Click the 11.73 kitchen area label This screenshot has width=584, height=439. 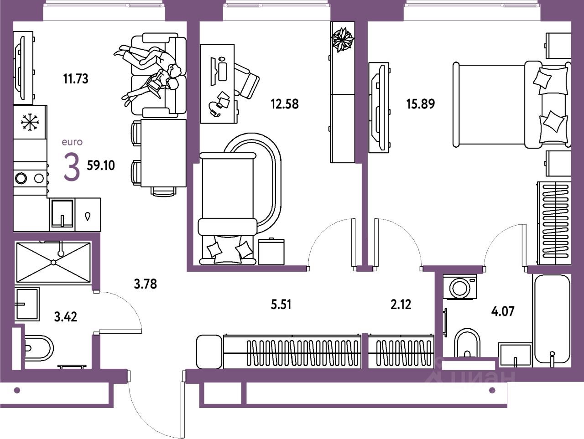pos(75,79)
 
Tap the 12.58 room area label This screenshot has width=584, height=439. pos(284,104)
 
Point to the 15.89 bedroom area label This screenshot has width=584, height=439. pos(420,104)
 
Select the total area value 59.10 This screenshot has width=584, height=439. pos(101,165)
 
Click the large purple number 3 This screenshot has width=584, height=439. pos(72,167)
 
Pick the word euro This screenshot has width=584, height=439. pos(72,142)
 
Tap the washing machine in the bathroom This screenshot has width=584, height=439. pos(459,287)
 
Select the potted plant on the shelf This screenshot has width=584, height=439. pos(343,39)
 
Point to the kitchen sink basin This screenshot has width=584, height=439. pos(62,213)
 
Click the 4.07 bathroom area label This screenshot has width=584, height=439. pos(502,311)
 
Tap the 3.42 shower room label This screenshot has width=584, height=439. pos(65,316)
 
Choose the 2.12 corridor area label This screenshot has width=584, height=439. pos(401,304)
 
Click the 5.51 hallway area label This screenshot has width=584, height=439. pos(281,304)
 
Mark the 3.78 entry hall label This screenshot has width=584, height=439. pos(145,284)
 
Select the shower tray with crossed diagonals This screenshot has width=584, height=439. pos(53,262)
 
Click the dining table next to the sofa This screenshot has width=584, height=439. pos(163,153)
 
